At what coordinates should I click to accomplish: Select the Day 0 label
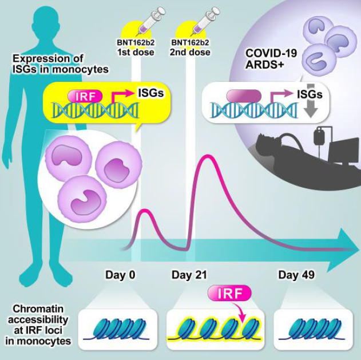(x=120, y=275)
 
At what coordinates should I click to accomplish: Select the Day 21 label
(x=189, y=275)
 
